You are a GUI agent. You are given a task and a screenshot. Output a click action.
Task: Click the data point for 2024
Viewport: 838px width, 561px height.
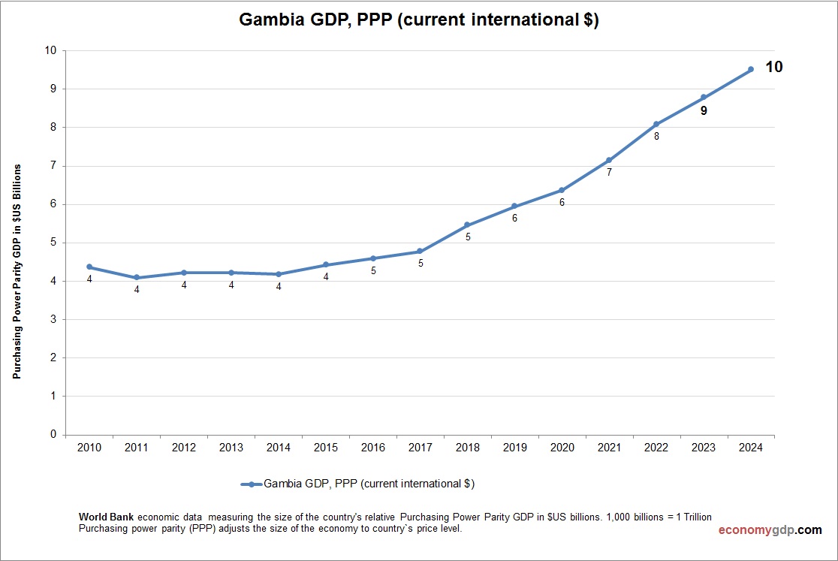(750, 69)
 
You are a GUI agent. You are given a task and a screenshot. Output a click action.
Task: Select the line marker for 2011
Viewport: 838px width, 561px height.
(137, 278)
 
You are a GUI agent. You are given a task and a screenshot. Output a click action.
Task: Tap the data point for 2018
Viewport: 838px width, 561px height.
(467, 225)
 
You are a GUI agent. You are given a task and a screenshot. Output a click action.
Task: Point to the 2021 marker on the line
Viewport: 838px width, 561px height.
(609, 160)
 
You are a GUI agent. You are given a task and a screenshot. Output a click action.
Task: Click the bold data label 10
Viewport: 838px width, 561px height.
(773, 67)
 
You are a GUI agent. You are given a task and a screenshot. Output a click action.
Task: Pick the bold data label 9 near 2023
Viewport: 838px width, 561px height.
(704, 110)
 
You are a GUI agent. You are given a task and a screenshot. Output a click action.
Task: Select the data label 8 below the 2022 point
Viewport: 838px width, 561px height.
(656, 137)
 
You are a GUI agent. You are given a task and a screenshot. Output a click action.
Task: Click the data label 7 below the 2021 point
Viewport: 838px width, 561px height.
(609, 172)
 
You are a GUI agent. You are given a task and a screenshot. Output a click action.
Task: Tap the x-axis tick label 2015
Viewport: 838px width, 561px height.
(326, 448)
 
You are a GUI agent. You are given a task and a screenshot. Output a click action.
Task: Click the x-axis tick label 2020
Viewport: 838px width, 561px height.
(562, 448)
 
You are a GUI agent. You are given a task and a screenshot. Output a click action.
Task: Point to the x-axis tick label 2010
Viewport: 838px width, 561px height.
(89, 448)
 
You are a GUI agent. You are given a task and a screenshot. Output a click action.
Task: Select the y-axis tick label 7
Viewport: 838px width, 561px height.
(52, 166)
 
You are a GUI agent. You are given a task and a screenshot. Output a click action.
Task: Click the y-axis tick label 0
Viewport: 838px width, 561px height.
(52, 434)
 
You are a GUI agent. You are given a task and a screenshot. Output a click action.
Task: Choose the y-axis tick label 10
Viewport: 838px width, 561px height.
(50, 50)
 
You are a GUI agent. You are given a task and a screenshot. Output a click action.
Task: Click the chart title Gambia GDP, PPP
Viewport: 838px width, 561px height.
(418, 20)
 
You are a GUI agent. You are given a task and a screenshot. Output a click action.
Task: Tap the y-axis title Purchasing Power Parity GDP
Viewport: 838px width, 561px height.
(16, 270)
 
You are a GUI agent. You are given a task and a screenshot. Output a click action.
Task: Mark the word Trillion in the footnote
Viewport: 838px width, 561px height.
(692, 517)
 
